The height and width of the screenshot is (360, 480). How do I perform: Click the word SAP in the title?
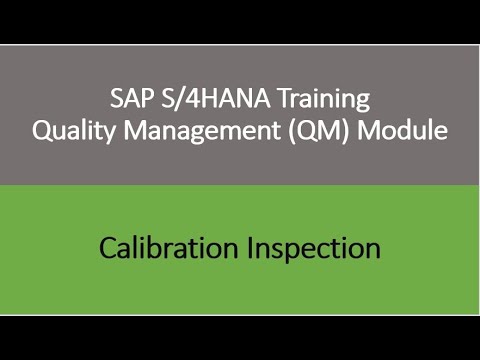tap(128, 100)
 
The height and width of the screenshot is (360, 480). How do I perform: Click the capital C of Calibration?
tap(106, 248)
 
